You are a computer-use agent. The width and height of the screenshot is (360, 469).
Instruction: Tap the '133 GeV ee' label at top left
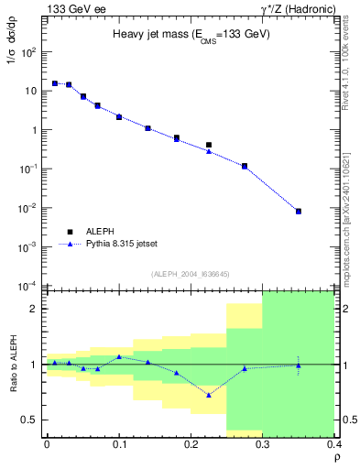point(72,8)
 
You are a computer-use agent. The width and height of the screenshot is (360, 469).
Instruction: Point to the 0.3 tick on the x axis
point(262,442)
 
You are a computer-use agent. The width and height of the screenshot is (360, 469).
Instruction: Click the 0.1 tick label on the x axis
point(118,442)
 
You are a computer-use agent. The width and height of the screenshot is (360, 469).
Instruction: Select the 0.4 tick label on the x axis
point(333,442)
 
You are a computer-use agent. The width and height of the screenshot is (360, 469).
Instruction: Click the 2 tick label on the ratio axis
point(35,309)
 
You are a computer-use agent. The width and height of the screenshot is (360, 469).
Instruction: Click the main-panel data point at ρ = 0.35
point(298,212)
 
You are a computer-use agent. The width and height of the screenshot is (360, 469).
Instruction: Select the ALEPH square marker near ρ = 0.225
point(209,145)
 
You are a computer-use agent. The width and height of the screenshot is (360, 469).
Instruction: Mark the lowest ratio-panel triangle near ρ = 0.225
point(209,395)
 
